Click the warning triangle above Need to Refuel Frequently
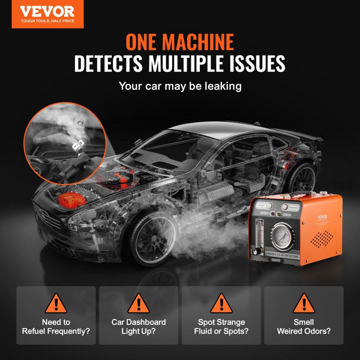tap(56, 304)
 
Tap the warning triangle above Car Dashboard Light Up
tap(139, 304)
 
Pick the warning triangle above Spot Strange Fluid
tap(221, 304)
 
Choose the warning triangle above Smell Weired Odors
tap(304, 304)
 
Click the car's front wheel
tap(153, 237)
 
